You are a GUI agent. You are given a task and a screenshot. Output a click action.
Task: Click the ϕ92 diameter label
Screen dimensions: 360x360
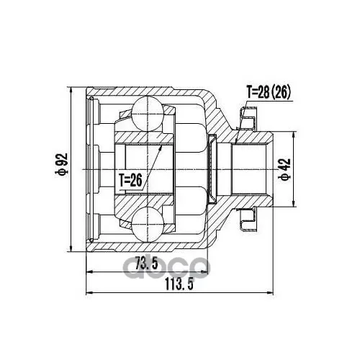(62, 164)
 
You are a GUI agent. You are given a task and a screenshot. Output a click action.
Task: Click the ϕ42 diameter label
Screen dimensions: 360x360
(285, 169)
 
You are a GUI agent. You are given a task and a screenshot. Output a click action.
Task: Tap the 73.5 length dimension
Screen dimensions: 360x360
(146, 263)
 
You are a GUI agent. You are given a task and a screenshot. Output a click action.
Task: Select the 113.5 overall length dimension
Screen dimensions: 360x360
(179, 284)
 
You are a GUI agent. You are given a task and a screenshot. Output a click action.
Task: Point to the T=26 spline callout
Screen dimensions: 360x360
(130, 181)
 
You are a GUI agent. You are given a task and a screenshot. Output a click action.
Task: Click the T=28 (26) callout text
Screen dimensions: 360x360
(269, 92)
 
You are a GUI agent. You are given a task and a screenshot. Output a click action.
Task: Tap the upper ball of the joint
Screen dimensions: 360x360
(148, 114)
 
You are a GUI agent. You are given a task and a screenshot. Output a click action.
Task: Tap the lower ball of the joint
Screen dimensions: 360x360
(148, 225)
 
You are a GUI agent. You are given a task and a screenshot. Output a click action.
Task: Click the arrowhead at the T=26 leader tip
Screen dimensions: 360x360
(161, 147)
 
